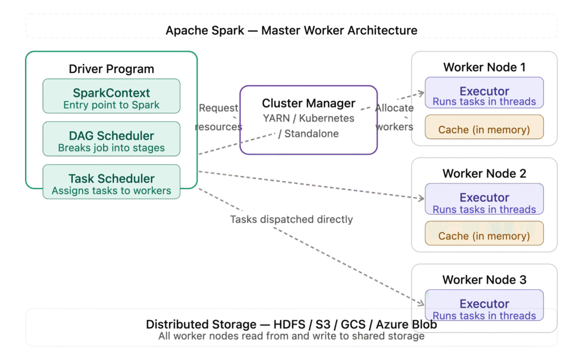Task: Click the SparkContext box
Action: point(112,96)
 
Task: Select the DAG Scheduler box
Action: point(112,139)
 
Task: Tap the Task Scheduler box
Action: point(112,182)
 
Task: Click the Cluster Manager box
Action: point(309,120)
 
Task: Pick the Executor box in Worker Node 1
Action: point(484,93)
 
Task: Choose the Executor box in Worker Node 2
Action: point(484,199)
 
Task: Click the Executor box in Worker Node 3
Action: point(484,305)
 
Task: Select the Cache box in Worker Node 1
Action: point(484,127)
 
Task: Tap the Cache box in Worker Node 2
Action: point(484,233)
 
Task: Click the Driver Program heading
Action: point(112,69)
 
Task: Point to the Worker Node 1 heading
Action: point(484,67)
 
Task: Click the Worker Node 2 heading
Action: point(484,174)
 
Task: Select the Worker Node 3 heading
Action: point(484,280)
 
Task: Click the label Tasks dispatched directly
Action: point(291,219)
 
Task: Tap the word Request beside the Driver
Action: point(218,108)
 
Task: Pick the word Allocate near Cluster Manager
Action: point(394,108)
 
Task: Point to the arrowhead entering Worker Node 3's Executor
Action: point(421,303)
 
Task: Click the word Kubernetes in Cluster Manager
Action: point(326,118)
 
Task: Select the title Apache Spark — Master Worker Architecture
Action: point(291,31)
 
